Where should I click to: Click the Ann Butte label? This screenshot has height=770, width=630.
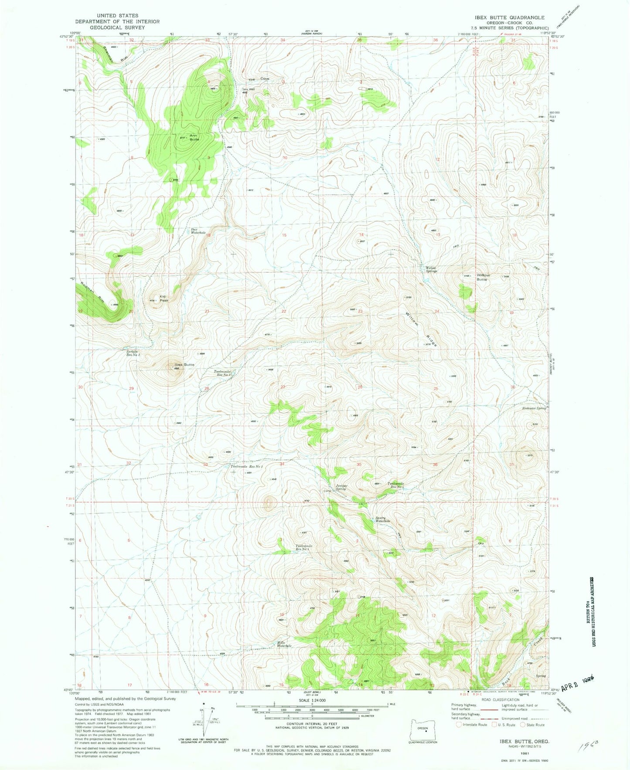click(194, 137)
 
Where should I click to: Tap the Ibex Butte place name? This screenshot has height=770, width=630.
click(184, 364)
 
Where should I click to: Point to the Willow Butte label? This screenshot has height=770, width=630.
click(483, 277)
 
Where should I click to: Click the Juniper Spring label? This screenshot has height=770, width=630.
click(341, 487)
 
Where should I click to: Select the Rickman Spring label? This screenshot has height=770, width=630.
click(534, 408)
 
